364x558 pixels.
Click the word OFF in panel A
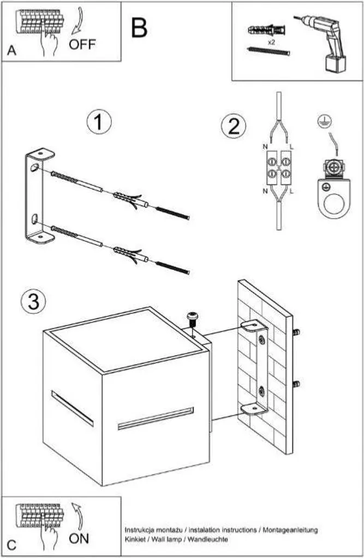82,45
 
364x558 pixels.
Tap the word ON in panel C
79,538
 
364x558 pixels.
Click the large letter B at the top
139,28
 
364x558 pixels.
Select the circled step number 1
99,122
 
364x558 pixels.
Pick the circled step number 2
234,126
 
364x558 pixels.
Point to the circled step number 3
33,301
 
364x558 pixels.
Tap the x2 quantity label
271,42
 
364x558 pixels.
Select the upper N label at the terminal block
265,147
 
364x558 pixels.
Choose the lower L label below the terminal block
291,191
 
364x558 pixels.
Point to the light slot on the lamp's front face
156,418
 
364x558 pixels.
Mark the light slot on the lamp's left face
73,408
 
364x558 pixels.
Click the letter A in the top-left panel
11,51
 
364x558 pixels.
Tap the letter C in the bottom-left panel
11,545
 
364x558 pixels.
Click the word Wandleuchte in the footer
207,539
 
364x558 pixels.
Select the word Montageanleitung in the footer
290,530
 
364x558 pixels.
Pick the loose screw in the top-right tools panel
268,52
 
